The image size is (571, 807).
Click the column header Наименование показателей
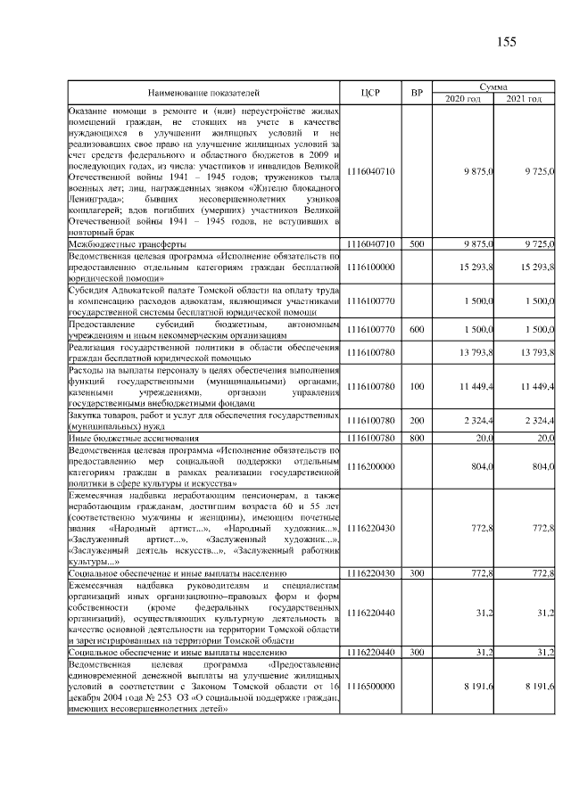pyautogui.click(x=203, y=92)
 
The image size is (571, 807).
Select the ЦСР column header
pyautogui.click(x=373, y=92)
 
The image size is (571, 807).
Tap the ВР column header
pyautogui.click(x=417, y=92)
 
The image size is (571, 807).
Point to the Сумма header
pyautogui.click(x=494, y=86)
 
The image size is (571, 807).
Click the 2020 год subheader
pyautogui.click(x=463, y=98)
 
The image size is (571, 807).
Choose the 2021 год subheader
pyautogui.click(x=525, y=98)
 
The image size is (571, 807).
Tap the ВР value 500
pyautogui.click(x=417, y=243)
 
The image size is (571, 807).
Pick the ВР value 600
pyautogui.click(x=417, y=328)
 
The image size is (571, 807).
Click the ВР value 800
pyautogui.click(x=417, y=439)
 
